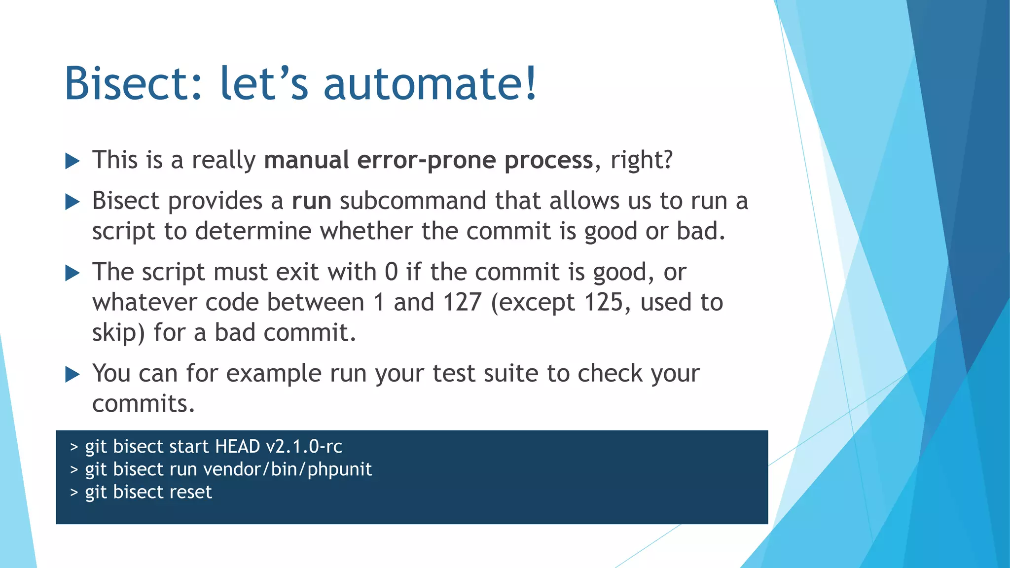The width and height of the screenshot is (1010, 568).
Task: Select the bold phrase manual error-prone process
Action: click(x=428, y=160)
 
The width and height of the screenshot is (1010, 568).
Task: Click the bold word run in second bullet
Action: click(x=311, y=201)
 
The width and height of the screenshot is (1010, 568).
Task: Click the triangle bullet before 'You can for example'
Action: click(x=72, y=375)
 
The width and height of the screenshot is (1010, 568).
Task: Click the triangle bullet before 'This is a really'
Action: click(x=72, y=161)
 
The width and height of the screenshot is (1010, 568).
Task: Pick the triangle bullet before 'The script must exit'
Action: click(x=72, y=273)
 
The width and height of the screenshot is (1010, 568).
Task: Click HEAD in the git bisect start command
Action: click(x=238, y=447)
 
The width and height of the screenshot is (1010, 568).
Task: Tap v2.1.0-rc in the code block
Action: click(x=304, y=447)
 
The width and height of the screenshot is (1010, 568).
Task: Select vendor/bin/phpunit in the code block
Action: click(x=288, y=469)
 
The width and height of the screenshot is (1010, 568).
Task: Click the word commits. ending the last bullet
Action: click(x=144, y=404)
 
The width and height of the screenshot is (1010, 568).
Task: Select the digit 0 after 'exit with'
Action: click(x=391, y=272)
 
